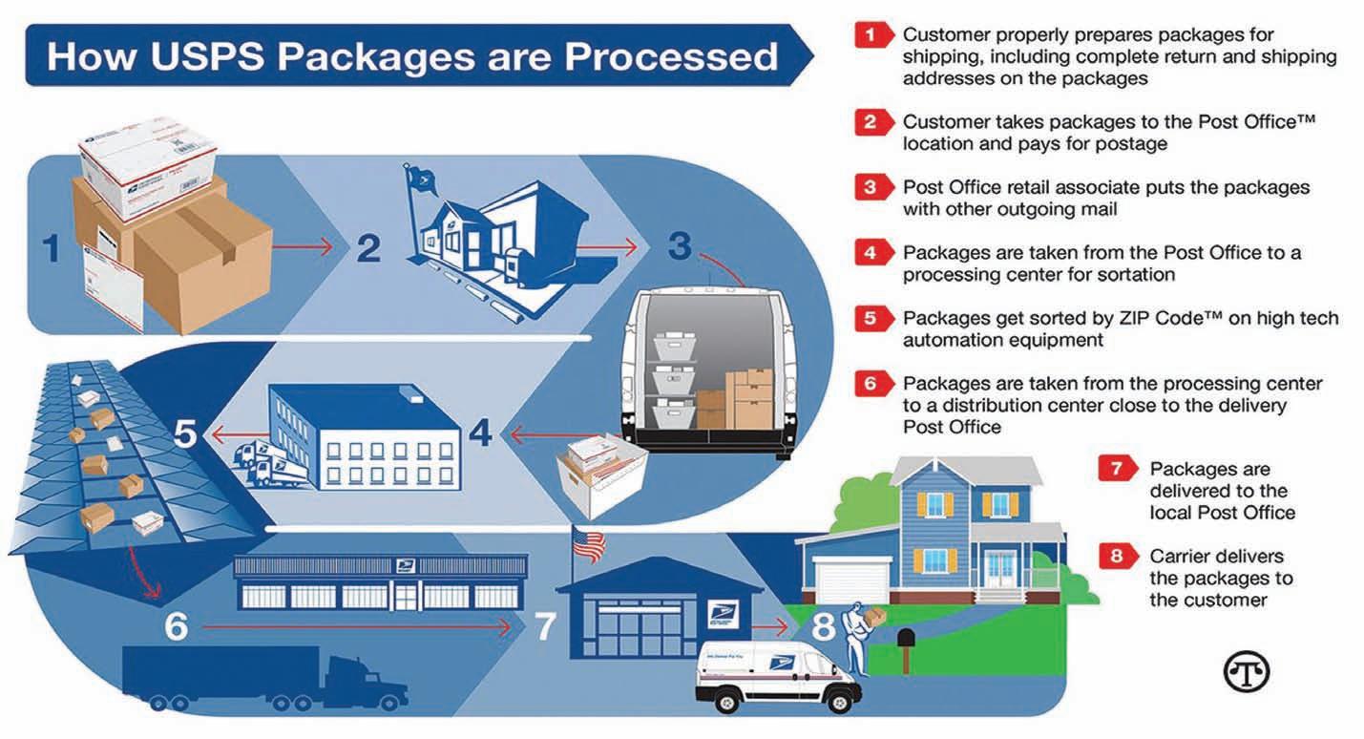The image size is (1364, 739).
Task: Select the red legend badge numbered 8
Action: coord(1116,557)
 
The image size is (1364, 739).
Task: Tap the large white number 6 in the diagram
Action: coord(176,627)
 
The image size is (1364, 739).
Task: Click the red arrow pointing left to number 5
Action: coord(233,435)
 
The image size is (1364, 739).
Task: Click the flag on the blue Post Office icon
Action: coord(418,178)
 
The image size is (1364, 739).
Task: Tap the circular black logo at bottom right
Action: coord(1247,672)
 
